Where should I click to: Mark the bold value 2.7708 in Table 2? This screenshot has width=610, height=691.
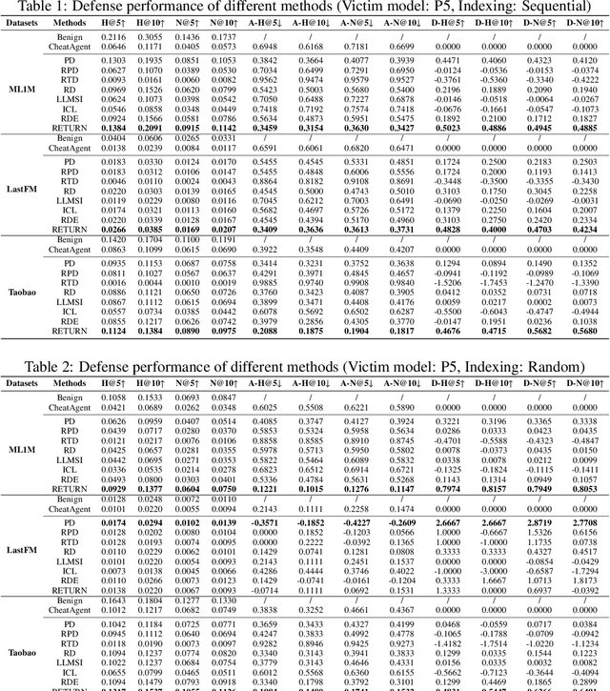coord(584,497)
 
